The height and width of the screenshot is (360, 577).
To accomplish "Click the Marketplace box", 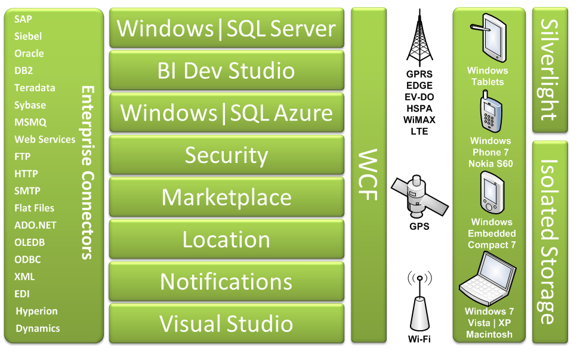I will click(x=227, y=198).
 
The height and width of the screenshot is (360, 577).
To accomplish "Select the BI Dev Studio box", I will click(x=227, y=70).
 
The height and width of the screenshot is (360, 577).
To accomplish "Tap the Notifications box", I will click(x=227, y=282).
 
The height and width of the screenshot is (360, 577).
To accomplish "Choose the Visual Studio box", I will click(x=227, y=324).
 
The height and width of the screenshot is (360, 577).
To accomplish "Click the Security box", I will click(x=227, y=155).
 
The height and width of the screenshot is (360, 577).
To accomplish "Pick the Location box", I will click(x=227, y=240).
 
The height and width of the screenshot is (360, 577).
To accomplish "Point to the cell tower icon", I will click(x=419, y=38).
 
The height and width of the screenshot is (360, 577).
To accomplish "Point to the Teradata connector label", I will click(x=35, y=88).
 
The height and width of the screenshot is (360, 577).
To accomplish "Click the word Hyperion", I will click(x=36, y=311).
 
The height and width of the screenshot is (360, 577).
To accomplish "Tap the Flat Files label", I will click(x=34, y=208).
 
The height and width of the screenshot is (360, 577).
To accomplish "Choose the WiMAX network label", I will click(x=419, y=120).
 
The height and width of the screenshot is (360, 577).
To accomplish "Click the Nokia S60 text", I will click(x=490, y=164).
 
